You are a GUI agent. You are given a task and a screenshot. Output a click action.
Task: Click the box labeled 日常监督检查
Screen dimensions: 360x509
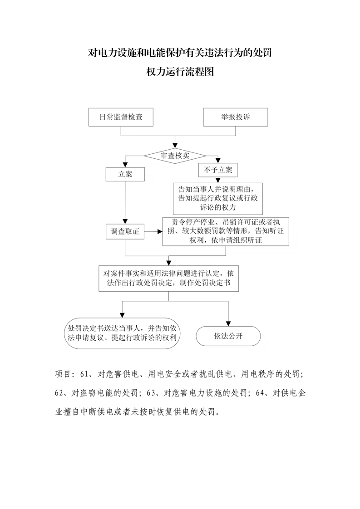(x=121, y=117)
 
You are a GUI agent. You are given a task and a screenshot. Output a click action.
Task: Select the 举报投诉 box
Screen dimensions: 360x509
(x=236, y=117)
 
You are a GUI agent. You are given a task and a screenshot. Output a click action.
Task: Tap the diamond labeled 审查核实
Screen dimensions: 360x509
(x=175, y=156)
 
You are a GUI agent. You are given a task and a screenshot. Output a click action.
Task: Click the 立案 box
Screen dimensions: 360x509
(x=125, y=174)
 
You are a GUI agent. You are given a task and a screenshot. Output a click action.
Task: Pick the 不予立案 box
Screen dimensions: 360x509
(x=218, y=170)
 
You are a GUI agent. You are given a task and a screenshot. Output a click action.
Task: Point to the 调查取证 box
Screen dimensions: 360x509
(x=125, y=231)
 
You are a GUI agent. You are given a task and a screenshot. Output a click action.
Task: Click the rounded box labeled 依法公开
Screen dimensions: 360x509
(x=228, y=336)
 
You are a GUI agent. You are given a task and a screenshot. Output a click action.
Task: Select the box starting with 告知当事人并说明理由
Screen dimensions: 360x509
(x=218, y=198)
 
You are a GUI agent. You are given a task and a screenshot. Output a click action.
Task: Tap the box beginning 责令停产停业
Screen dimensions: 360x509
(x=226, y=231)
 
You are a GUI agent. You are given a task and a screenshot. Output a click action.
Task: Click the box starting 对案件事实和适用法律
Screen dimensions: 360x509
(x=168, y=278)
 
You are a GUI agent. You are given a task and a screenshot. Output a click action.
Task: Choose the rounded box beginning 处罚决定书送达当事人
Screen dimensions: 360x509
(x=122, y=333)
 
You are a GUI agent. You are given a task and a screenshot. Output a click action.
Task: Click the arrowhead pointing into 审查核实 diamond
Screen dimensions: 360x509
(x=175, y=146)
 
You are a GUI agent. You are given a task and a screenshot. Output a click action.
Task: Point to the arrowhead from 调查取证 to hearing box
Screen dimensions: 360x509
(x=160, y=231)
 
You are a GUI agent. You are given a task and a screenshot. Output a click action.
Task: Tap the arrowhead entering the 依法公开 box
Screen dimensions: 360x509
(x=228, y=323)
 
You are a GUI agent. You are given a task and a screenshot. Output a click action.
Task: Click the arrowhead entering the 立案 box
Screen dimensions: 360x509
(x=125, y=165)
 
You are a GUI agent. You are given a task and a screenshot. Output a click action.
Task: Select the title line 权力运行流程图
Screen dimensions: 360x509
(x=180, y=71)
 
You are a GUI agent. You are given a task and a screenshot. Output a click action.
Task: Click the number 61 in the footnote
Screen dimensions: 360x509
(x=84, y=374)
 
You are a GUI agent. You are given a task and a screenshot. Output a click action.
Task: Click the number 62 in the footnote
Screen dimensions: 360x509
(x=59, y=393)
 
